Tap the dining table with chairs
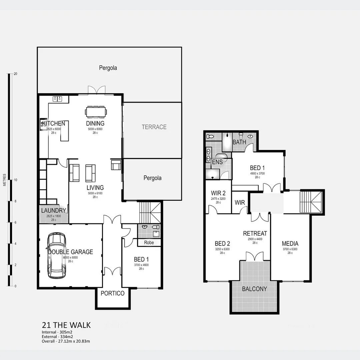tap(96, 112)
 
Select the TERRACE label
tap(154, 127)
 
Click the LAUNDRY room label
tap(53, 211)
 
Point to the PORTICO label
tap(112, 293)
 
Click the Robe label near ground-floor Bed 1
tap(149, 243)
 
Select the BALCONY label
tap(254, 289)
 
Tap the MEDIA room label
tap(290, 244)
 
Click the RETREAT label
tap(255, 234)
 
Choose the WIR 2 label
tap(218, 193)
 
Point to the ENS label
tap(217, 162)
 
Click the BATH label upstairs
tap(239, 142)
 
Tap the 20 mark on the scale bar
tap(15, 74)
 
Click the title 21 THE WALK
tap(66, 325)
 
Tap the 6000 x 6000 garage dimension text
tap(70, 257)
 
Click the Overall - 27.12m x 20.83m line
tap(66, 341)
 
